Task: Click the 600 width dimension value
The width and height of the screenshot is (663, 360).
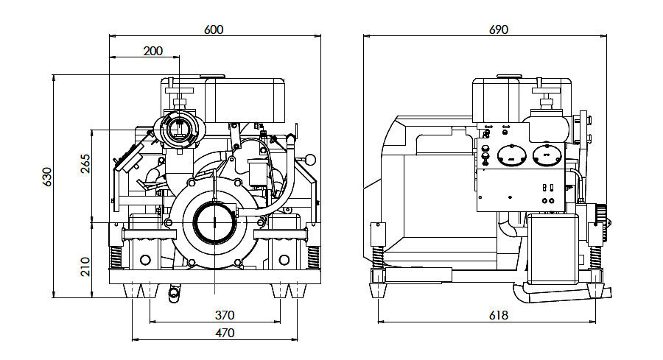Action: [214, 29]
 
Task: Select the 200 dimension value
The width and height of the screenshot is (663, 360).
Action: [153, 51]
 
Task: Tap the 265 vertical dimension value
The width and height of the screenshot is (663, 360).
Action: [85, 163]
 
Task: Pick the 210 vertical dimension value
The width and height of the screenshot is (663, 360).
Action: [85, 264]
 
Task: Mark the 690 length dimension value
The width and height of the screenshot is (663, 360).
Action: [499, 29]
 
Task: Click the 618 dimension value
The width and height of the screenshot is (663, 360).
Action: [499, 314]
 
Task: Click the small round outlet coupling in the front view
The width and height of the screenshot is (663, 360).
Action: [178, 130]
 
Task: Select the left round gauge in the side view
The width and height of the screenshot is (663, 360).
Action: [508, 156]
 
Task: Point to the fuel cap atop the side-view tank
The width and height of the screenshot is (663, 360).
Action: [508, 76]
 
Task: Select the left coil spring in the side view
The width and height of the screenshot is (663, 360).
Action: [378, 257]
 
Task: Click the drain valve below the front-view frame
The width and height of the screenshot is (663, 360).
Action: [174, 293]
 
